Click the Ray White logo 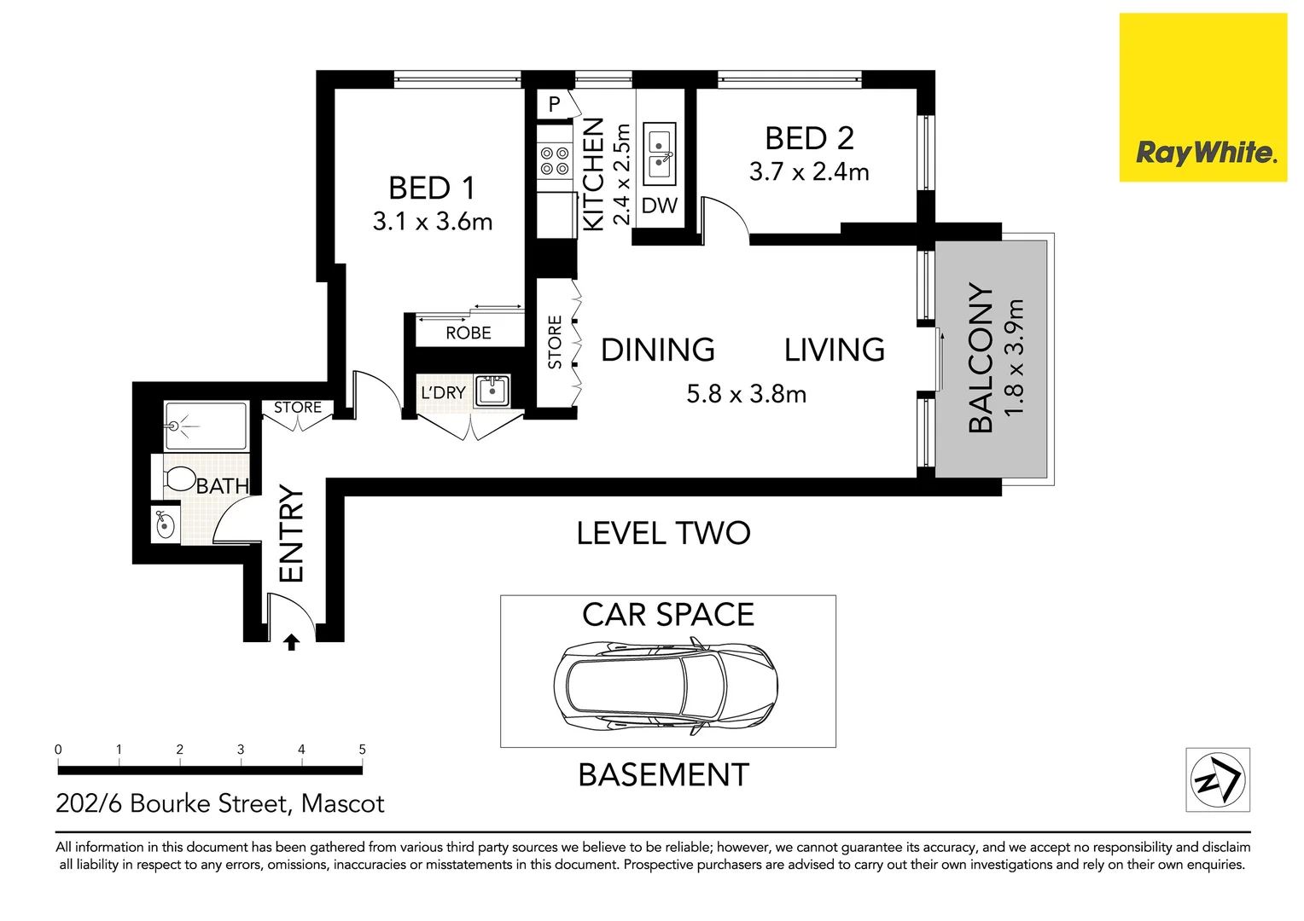click(1202, 97)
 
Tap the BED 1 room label click(431, 188)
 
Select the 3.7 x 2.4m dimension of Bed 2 click(808, 171)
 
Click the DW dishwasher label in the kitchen click(660, 206)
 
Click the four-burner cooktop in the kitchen click(554, 161)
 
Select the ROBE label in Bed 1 click(468, 333)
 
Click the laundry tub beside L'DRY click(492, 391)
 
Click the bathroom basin click(166, 525)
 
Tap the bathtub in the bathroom click(206, 426)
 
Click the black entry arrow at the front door click(292, 642)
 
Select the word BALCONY click(981, 358)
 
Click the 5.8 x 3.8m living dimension click(747, 395)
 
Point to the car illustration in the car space click(666, 686)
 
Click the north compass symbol click(1218, 779)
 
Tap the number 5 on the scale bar click(362, 750)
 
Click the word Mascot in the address click(342, 804)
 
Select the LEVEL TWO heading click(663, 533)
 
